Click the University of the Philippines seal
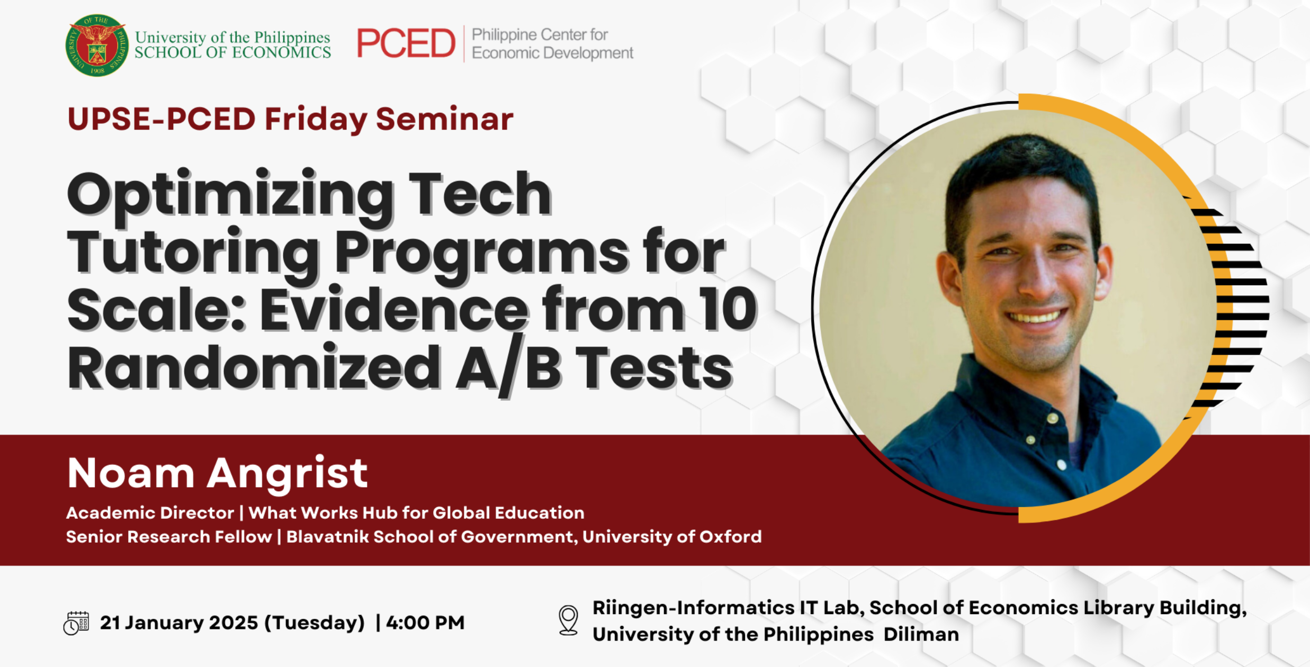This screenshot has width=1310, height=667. pos(97,46)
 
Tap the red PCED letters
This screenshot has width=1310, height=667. pos(406,43)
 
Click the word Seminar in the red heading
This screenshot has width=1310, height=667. pos(444,119)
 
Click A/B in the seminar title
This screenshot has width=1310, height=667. pos(508,367)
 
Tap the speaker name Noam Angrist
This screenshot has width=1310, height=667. pos(217,473)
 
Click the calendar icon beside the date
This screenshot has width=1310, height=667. pos(76,623)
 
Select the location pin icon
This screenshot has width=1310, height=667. pos(568,620)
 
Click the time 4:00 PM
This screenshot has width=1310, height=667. pos(425,623)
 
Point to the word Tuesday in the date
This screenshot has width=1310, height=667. pos(315,623)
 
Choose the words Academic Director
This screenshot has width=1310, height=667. pos(150,512)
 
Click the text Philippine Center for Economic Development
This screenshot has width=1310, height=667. pos(552,44)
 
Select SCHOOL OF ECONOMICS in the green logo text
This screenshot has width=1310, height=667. pos(232,52)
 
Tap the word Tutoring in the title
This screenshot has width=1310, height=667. pos(193,253)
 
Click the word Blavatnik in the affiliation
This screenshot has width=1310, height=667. pos(327,537)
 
